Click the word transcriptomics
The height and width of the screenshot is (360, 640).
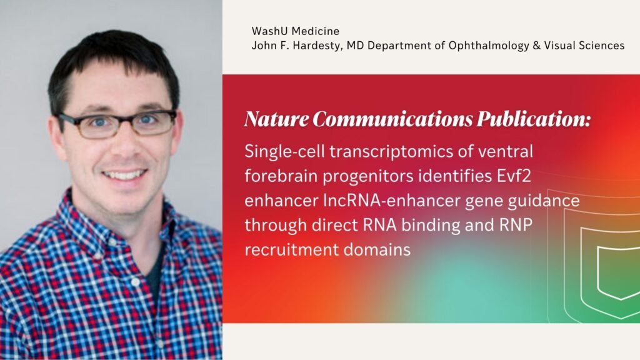pos(392,152)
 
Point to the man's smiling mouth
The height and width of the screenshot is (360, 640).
pos(124,173)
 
